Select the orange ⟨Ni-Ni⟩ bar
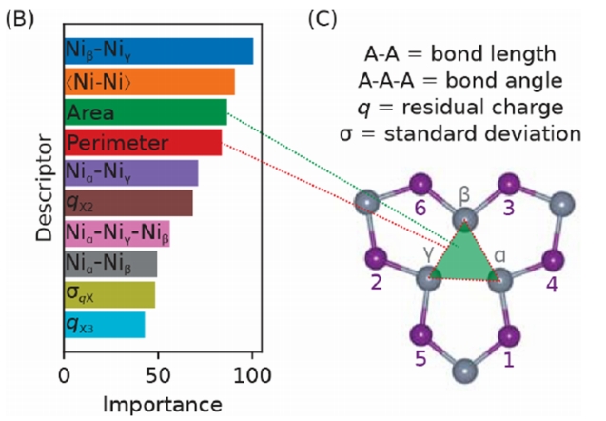(x=148, y=82)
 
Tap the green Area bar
(x=145, y=112)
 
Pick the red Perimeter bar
(x=143, y=143)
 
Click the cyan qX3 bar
(x=104, y=325)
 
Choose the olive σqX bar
(x=108, y=294)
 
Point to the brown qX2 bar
(x=127, y=203)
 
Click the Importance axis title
(x=158, y=400)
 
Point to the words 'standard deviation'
(x=501, y=132)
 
